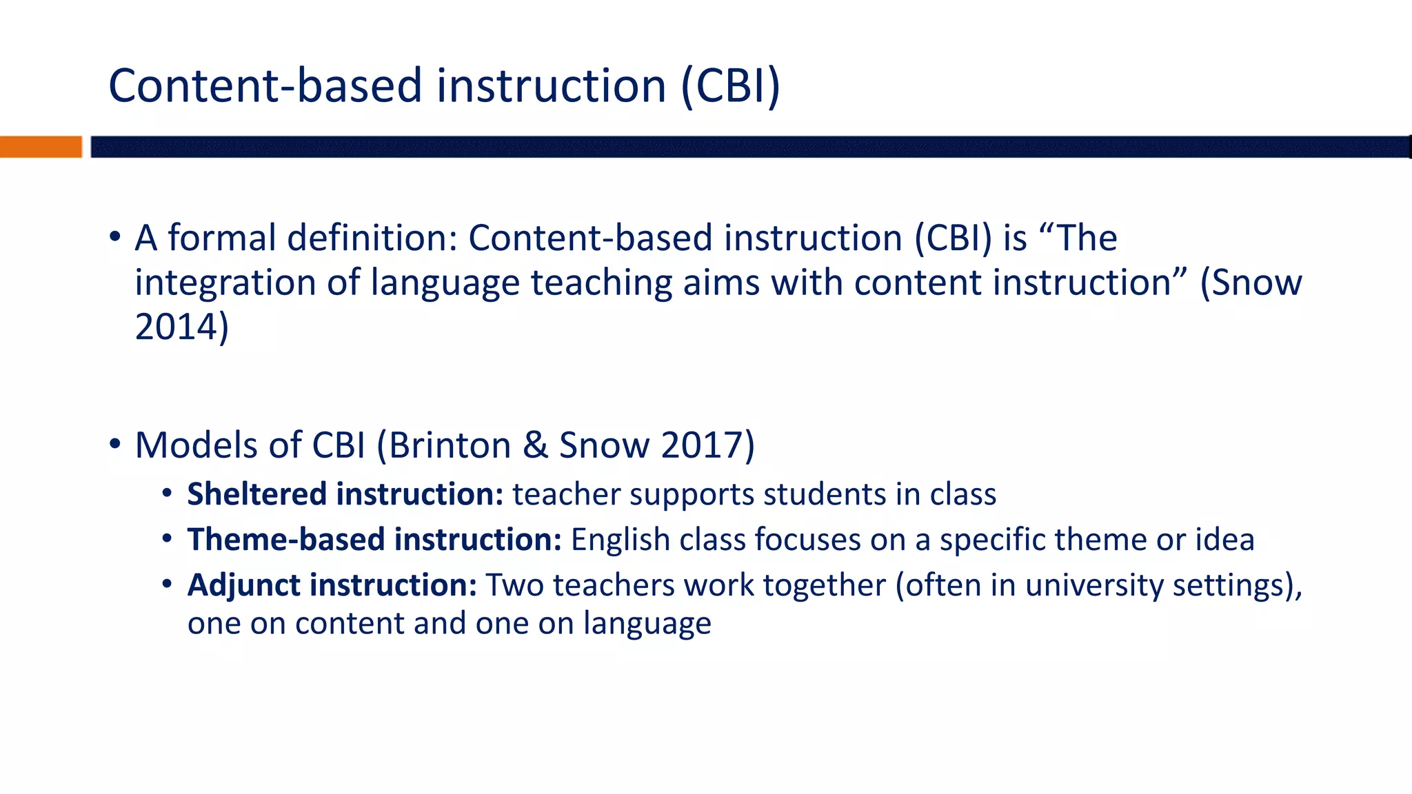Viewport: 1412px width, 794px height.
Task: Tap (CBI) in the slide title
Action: (x=731, y=86)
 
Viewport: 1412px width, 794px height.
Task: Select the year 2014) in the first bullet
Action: (x=181, y=327)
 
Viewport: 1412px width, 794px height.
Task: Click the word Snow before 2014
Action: (x=1256, y=283)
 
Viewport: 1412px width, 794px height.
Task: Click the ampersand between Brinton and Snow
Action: (x=535, y=445)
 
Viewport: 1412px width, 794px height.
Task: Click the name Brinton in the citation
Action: (x=450, y=445)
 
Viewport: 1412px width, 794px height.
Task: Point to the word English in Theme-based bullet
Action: (x=620, y=539)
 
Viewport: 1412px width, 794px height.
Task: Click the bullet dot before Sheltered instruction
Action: (x=167, y=494)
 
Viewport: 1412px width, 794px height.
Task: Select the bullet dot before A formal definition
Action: (x=114, y=238)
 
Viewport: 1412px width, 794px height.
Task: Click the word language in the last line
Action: (x=647, y=624)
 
